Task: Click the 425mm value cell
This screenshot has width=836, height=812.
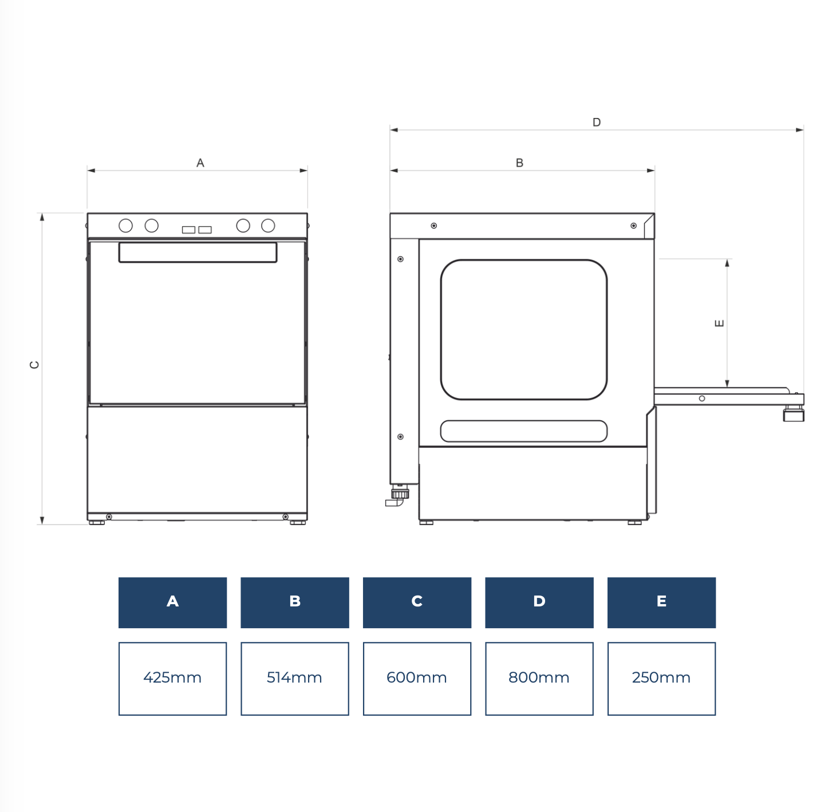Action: point(172,679)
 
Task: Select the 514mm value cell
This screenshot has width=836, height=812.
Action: point(295,679)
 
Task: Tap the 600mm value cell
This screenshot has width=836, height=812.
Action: point(417,679)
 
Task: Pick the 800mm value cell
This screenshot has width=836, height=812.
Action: point(539,679)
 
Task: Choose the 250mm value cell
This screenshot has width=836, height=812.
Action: point(661,679)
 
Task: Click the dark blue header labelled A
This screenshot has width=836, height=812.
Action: point(172,602)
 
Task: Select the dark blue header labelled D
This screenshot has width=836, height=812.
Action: point(539,602)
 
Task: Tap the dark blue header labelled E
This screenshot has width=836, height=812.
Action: point(661,602)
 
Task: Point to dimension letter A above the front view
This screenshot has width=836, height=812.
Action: point(200,163)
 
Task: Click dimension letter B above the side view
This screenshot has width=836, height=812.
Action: point(519,163)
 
